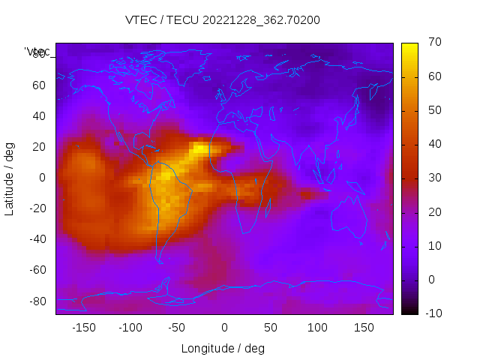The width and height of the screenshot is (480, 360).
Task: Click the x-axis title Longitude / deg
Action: pos(223,349)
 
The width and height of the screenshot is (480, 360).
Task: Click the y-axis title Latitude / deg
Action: pos(10,178)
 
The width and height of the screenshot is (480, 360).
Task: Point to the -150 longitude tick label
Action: pos(84,328)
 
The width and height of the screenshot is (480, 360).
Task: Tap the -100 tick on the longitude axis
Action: pos(130,328)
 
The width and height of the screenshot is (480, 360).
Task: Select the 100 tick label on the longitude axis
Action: pos(317,328)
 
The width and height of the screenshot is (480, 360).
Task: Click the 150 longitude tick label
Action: pos(364,328)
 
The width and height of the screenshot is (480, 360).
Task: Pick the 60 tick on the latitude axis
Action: pos(39,85)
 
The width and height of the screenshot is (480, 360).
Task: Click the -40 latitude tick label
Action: pos(37,239)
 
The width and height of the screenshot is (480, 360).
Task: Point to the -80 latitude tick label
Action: pos(37,301)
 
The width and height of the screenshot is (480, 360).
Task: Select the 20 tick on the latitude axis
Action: pos(39,147)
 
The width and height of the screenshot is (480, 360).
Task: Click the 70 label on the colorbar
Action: pos(433,43)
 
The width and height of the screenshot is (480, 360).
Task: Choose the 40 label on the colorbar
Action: pos(433,145)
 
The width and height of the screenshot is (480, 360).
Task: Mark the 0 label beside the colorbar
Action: pos(430,280)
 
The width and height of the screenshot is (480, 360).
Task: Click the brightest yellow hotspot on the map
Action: pos(200,148)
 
